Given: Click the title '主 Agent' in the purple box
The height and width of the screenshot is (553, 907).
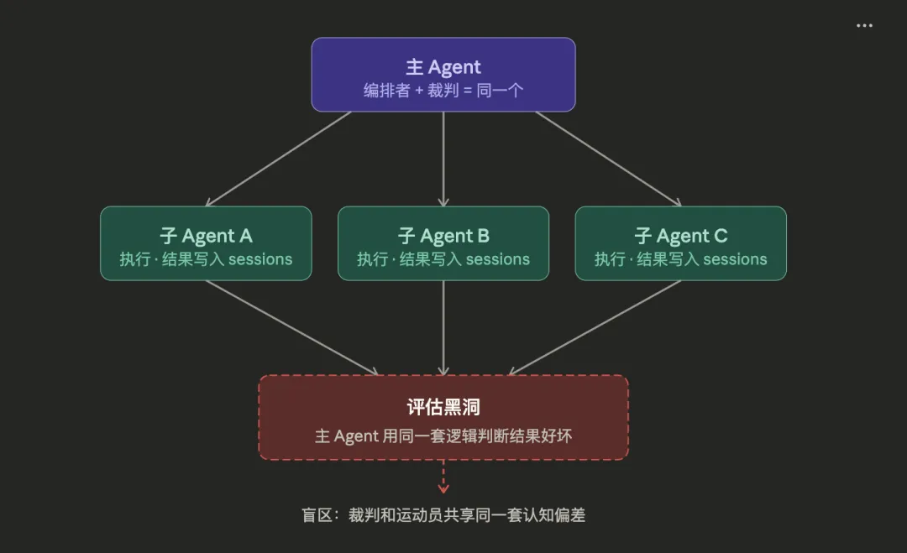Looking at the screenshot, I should point(443,67).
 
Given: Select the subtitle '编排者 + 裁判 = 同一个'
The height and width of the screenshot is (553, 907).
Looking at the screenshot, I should point(443,91).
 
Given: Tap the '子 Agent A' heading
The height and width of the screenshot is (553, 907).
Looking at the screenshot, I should point(206,236).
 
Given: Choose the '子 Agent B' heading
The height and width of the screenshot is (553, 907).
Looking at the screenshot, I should point(443,236).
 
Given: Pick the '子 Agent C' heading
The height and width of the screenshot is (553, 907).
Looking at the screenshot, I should point(681,236).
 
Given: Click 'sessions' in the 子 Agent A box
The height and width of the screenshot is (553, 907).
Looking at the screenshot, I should point(260,259).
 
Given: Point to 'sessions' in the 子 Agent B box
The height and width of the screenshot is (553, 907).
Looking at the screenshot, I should point(498,259).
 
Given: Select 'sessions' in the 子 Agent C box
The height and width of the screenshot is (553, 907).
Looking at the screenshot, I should point(736,259).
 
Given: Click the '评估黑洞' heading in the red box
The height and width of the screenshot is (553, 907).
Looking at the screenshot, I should point(443,408).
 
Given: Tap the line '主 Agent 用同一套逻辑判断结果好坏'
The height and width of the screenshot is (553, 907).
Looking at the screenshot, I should point(443,436).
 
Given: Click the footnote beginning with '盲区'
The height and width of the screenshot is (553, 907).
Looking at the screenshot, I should point(443,515).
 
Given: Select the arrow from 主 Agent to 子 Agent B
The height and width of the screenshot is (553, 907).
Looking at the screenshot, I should point(443,159).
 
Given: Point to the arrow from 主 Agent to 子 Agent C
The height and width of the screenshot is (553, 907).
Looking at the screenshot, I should point(608,159).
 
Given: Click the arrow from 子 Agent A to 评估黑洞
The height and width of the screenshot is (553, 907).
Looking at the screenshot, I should point(292,327).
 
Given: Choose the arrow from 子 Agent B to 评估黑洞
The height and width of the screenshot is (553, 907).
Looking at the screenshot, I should point(443,327).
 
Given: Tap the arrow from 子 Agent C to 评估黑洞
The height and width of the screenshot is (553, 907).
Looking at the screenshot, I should point(595,327).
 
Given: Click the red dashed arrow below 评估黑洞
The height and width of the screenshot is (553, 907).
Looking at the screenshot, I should point(443,477).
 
